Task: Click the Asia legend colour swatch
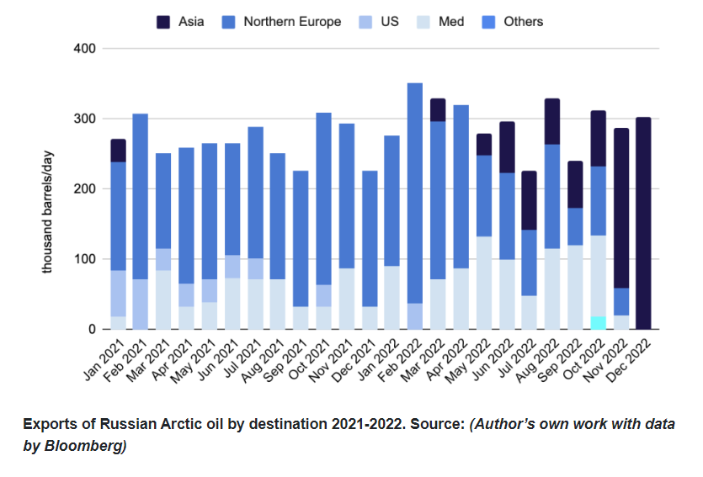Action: coord(162,21)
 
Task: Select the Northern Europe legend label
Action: coord(292,21)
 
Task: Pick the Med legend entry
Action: coord(450,21)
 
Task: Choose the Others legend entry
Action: coord(523,21)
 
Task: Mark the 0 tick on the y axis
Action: coord(90,330)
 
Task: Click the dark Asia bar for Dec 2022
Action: coord(643,223)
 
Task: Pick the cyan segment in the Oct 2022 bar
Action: coord(598,323)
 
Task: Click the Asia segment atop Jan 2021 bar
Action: coord(118,151)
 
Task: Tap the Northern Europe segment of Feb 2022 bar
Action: coord(415,193)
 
